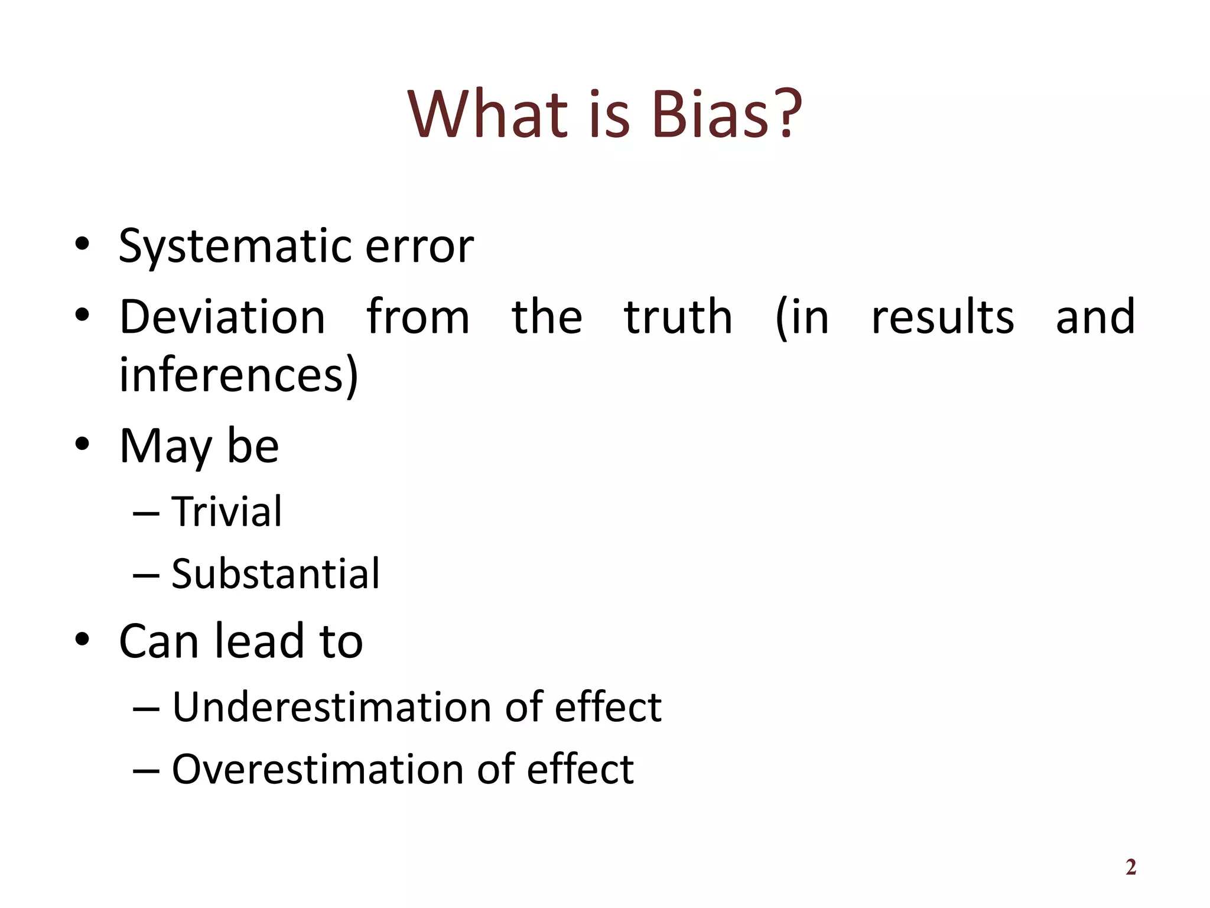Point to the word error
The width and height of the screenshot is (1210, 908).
tap(419, 247)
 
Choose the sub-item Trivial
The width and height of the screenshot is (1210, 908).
tap(227, 511)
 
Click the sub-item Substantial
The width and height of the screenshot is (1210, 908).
tap(275, 574)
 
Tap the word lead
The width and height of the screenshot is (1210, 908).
tap(259, 641)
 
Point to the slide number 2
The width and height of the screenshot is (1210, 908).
tap(1131, 867)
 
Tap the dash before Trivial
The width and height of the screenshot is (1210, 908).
tap(146, 513)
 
